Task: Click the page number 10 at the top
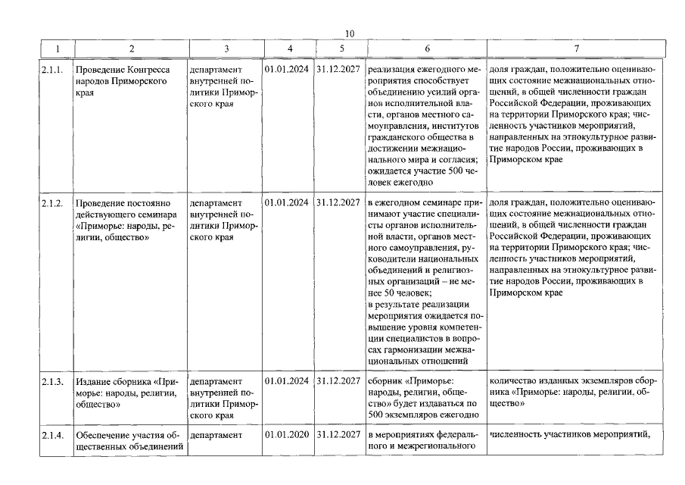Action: [x=349, y=33]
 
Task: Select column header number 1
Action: [x=56, y=48]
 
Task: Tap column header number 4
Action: [x=289, y=48]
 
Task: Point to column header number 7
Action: [x=576, y=48]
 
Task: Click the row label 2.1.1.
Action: [x=53, y=70]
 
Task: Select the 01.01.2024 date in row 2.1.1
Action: [x=288, y=70]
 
